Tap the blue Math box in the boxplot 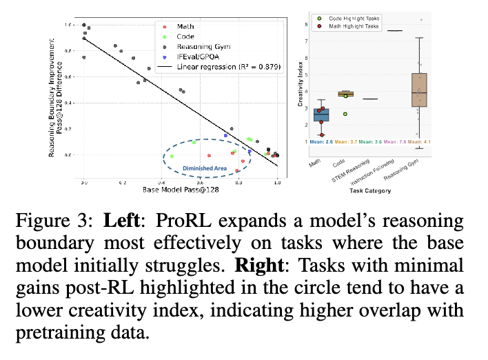(321, 114)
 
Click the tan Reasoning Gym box (418, 90)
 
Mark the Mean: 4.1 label (419, 142)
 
